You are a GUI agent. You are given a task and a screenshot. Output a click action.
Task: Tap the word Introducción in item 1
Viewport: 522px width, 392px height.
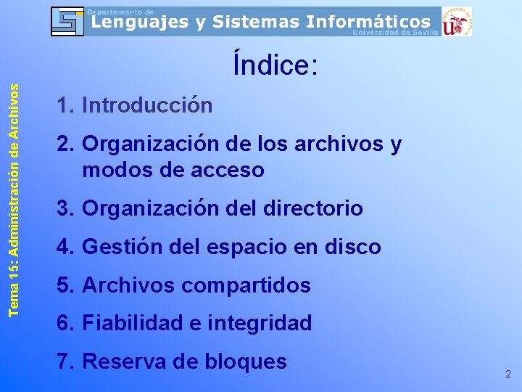[x=147, y=106]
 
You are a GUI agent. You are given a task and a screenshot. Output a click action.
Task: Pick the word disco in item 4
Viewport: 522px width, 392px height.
[x=354, y=248]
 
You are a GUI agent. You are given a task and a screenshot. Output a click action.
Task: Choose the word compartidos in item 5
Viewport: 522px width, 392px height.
[x=246, y=286]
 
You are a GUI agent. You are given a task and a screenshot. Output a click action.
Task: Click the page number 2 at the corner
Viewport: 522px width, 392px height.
[x=507, y=375]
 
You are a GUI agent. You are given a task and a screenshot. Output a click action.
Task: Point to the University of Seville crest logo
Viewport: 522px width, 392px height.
[x=456, y=22]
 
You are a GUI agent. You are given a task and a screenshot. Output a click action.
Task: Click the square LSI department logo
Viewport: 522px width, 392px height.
[x=67, y=21]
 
